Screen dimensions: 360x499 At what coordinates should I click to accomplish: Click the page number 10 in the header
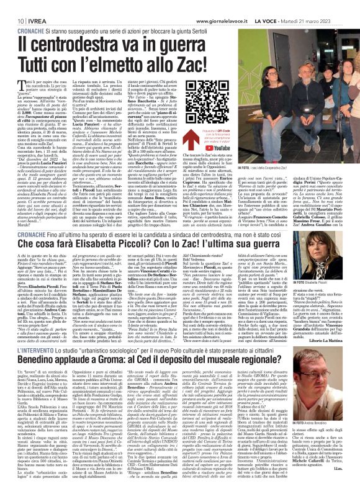pos(12,5)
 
